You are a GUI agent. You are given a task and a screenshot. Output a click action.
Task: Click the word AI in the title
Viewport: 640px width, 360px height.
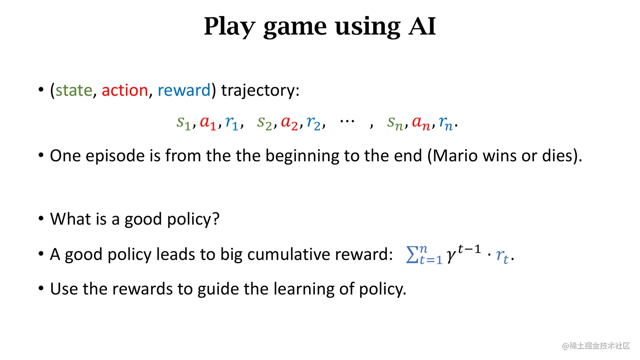[x=422, y=26]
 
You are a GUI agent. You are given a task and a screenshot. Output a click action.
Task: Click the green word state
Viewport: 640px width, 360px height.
[x=74, y=90]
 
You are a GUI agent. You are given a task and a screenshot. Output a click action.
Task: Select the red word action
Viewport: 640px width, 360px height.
[x=124, y=90]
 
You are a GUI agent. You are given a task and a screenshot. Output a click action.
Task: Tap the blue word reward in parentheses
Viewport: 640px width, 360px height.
[x=184, y=90]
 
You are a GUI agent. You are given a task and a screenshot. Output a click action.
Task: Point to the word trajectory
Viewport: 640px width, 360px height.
[x=260, y=91]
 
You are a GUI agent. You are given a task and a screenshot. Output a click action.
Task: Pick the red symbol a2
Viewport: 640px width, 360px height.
[x=290, y=123]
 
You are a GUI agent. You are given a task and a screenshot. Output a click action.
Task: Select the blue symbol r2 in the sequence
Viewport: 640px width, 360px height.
[x=313, y=123]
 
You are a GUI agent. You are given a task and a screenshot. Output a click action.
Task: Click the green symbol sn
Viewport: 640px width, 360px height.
[x=395, y=123]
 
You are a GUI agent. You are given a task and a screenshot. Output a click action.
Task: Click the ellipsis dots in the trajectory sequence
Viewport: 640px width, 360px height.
[x=347, y=121]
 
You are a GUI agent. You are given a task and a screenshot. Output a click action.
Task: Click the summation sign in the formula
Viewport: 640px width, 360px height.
[x=412, y=255]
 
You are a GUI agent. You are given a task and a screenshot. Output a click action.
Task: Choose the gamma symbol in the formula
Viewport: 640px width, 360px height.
[x=451, y=256]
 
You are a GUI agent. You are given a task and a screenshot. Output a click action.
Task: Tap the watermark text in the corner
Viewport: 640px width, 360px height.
[x=596, y=346]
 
